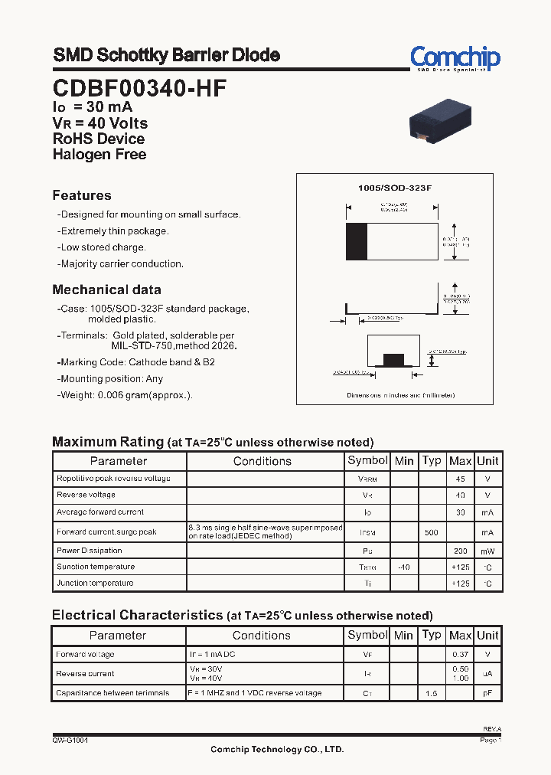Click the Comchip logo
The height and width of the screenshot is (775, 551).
(x=455, y=57)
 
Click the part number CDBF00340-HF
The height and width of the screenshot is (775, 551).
(x=139, y=89)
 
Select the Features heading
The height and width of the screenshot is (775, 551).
(x=82, y=195)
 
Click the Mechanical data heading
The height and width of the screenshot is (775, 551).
(x=106, y=289)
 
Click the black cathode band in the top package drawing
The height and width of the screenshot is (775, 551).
(x=357, y=242)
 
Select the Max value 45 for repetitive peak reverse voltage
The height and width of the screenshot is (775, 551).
(x=460, y=479)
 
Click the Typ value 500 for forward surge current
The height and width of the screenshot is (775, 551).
(x=432, y=532)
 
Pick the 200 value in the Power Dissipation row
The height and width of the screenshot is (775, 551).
(x=460, y=551)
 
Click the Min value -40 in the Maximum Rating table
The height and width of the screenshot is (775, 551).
(x=403, y=567)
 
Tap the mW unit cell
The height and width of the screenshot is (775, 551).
(x=487, y=551)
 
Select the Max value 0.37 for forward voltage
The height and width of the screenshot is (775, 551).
(x=460, y=655)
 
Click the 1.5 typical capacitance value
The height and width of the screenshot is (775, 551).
(x=432, y=693)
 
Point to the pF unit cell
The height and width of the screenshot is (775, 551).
(x=487, y=693)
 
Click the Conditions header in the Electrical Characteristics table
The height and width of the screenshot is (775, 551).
(x=262, y=636)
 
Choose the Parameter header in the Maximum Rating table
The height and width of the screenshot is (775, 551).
(x=119, y=461)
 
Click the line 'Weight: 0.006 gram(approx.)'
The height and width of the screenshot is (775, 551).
(x=126, y=395)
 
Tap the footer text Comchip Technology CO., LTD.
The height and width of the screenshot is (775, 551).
(x=277, y=750)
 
